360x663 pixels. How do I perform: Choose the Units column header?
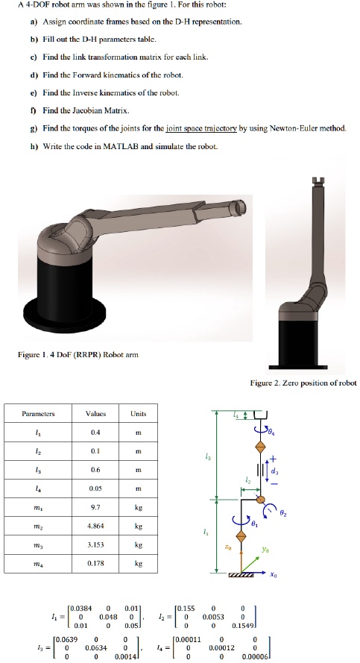139,412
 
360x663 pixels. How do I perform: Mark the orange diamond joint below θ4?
260,447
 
